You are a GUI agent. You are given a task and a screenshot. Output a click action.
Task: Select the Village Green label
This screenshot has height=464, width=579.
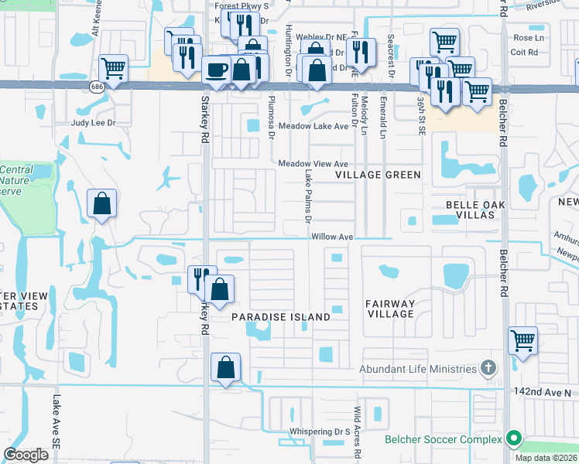click(x=378, y=175)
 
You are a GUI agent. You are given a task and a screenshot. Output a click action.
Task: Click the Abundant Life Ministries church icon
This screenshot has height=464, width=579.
click(x=488, y=368)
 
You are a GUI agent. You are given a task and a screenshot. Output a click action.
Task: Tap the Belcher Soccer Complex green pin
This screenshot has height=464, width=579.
click(x=512, y=439)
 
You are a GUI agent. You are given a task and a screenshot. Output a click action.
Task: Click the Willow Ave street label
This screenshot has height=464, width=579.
click(x=333, y=237)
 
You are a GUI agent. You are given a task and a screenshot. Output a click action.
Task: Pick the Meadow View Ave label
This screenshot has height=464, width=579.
click(x=313, y=164)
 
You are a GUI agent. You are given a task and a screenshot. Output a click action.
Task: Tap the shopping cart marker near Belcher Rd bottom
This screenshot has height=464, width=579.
click(x=523, y=339)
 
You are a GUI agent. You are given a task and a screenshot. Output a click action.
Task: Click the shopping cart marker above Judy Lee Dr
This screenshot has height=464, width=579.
click(x=114, y=68)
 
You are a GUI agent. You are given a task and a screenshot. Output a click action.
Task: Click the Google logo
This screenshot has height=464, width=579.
click(x=26, y=455)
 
